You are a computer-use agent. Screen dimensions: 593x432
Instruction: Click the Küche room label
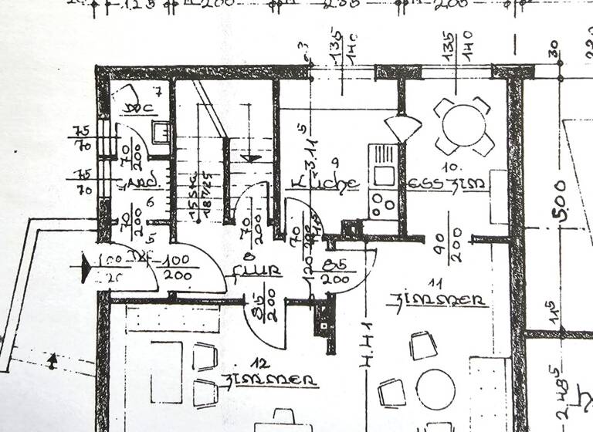pyautogui.click(x=324, y=184)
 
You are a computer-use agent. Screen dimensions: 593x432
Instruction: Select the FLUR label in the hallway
pyautogui.click(x=259, y=271)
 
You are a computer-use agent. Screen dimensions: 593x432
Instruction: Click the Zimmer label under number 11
pyautogui.click(x=438, y=299)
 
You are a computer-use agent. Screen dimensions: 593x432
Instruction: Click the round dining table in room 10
pyautogui.click(x=464, y=123)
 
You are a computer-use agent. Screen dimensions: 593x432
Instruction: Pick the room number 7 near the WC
pyautogui.click(x=157, y=93)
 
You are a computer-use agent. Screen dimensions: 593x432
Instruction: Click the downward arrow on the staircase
pyautogui.click(x=250, y=157)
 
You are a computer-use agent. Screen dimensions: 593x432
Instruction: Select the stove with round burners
pyautogui.click(x=382, y=203)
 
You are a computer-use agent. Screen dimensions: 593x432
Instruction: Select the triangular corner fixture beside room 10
pyautogui.click(x=402, y=128)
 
